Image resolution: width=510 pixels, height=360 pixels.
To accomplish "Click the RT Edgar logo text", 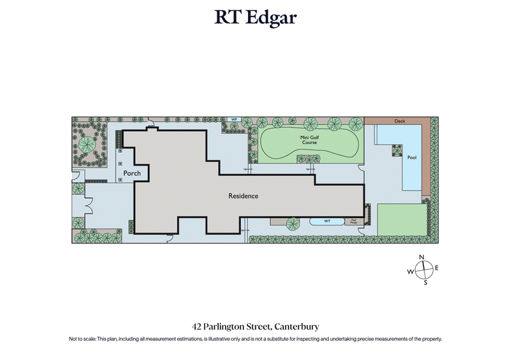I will tap(255, 18).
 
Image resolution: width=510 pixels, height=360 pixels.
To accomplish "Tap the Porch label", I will tap(132, 173).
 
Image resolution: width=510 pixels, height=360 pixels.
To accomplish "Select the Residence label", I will tap(244, 196).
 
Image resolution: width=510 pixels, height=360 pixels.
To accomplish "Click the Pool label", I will tap(412, 157).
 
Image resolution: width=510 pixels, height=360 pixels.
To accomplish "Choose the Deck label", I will tap(400, 120).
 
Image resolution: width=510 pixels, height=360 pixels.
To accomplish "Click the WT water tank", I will tap(326, 222).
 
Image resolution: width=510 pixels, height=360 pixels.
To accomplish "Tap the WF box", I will tap(234, 120).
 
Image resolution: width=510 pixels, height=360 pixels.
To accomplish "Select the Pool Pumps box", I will tap(353, 221).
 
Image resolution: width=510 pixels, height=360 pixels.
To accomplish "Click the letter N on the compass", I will tap(421, 257).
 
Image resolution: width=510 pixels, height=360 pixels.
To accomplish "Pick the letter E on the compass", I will tap(437, 268).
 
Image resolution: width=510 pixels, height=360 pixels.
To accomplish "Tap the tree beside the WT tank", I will tap(294, 223).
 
